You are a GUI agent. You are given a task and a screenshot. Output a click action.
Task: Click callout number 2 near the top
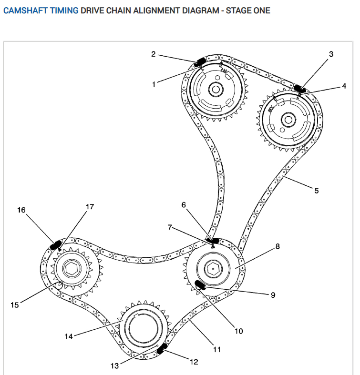(x=154, y=54)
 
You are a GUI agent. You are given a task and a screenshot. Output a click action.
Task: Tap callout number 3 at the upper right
(x=332, y=54)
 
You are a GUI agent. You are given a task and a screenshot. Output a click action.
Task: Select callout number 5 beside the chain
(x=317, y=191)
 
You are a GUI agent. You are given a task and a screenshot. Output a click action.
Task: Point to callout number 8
(x=278, y=246)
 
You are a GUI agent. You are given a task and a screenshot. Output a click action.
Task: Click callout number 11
(x=217, y=349)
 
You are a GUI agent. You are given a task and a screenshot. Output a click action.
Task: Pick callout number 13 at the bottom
(x=114, y=366)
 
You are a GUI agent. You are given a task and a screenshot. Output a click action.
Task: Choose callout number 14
(x=69, y=337)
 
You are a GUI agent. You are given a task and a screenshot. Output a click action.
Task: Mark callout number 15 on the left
(x=15, y=304)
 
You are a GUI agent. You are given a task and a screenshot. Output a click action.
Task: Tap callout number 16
(x=21, y=209)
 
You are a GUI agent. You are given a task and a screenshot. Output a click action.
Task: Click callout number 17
(x=90, y=207)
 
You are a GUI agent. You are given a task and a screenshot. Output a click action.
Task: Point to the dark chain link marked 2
(x=201, y=61)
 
